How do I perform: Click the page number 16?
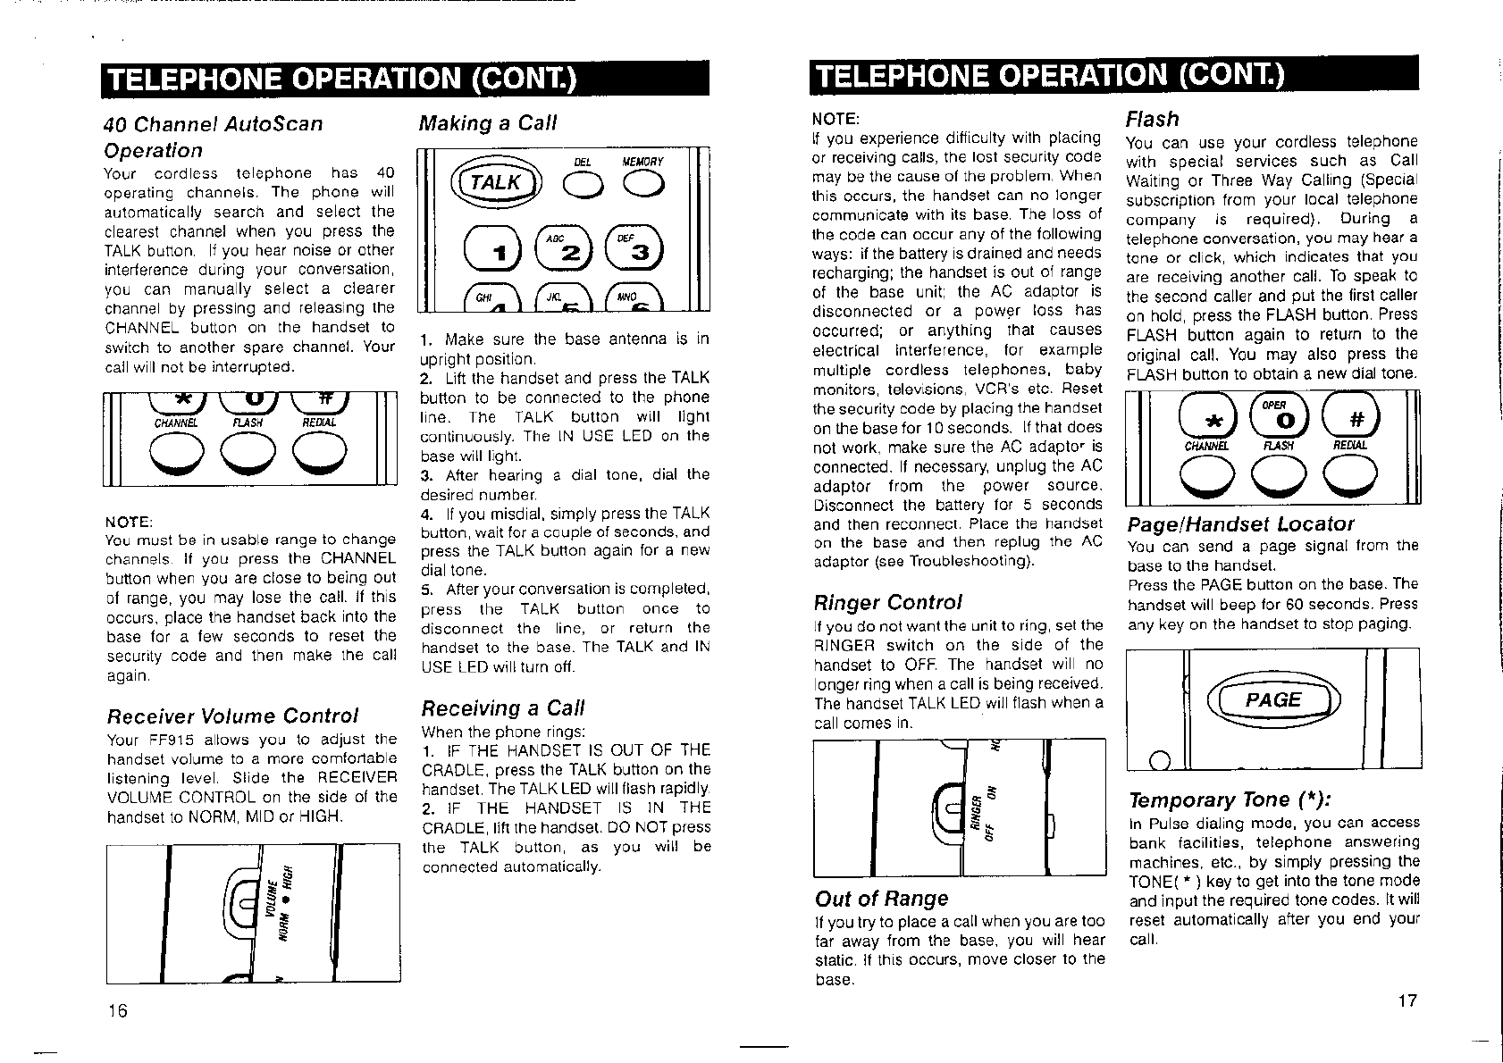[x=117, y=1010]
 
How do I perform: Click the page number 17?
[x=1407, y=1000]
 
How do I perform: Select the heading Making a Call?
[x=488, y=122]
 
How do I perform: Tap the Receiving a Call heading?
[x=502, y=708]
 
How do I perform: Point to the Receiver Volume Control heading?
[x=232, y=716]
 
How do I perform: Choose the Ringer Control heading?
[x=887, y=602]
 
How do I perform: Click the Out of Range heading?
[x=881, y=899]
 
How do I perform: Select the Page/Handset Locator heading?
[x=1240, y=523]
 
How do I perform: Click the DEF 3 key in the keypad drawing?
[x=635, y=249]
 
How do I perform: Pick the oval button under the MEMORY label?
[x=642, y=184]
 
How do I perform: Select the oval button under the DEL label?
[x=583, y=184]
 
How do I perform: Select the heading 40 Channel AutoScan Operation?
[x=214, y=137]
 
